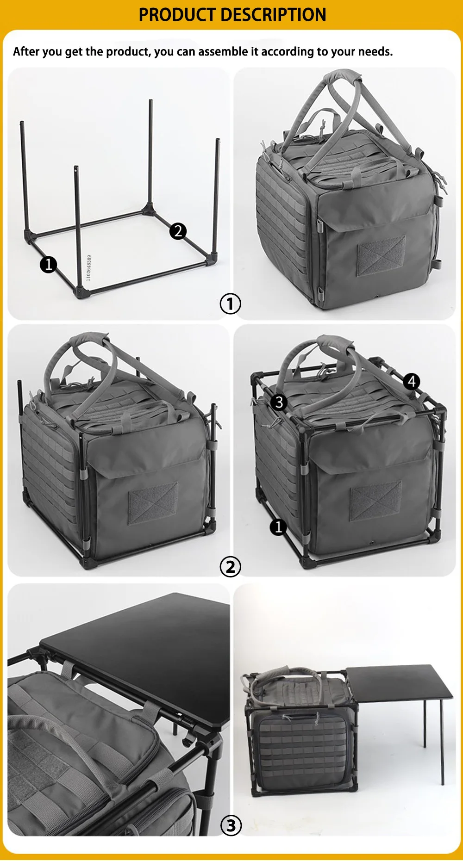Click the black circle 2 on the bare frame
(178, 231)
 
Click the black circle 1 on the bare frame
(48, 265)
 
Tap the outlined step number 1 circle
(230, 304)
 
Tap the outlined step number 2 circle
(230, 567)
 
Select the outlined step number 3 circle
(231, 826)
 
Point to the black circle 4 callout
(412, 381)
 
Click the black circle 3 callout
(279, 402)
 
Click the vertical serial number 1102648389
(89, 268)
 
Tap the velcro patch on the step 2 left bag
(153, 503)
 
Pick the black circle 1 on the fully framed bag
(278, 527)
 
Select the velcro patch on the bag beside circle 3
(376, 501)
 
